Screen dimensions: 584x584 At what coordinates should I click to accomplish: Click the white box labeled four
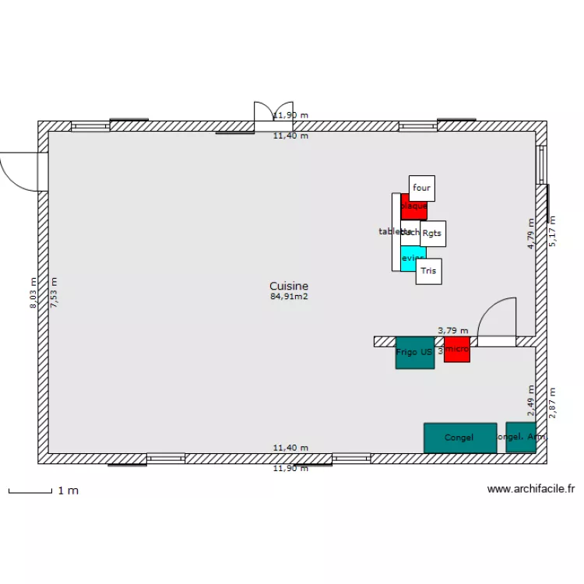(421, 188)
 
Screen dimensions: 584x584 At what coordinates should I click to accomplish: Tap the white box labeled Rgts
(433, 233)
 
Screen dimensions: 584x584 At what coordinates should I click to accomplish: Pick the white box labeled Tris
(428, 271)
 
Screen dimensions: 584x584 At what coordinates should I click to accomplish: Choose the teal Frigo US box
(414, 353)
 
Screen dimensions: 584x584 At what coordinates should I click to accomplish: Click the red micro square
(457, 350)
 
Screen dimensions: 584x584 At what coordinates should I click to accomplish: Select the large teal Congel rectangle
(459, 438)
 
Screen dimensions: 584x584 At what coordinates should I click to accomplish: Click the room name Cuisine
(289, 286)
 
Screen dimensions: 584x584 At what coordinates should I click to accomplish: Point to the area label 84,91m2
(289, 297)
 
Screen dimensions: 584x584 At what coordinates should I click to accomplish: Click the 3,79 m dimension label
(453, 331)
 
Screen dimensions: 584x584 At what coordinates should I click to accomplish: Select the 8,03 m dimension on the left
(33, 293)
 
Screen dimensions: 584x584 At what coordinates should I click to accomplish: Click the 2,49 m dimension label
(531, 401)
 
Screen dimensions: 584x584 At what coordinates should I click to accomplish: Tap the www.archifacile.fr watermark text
(530, 489)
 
